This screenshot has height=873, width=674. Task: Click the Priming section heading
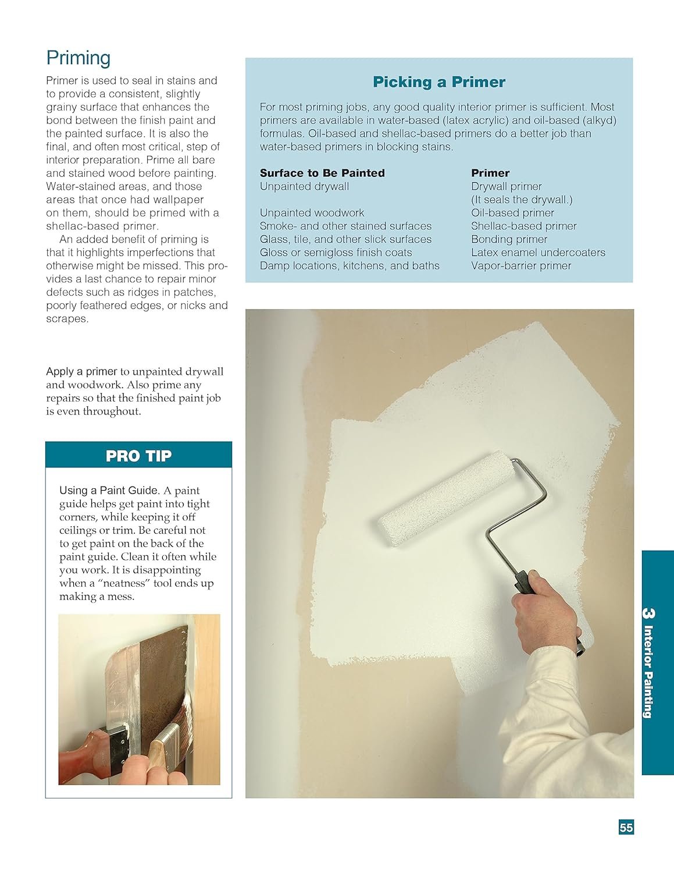pyautogui.click(x=79, y=58)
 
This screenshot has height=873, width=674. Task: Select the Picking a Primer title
pyautogui.click(x=439, y=82)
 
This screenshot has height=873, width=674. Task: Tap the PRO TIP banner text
pyautogui.click(x=138, y=456)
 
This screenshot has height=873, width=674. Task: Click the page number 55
pyautogui.click(x=626, y=827)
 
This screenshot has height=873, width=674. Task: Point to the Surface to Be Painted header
pyautogui.click(x=322, y=173)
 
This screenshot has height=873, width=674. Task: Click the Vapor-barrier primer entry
pyautogui.click(x=521, y=266)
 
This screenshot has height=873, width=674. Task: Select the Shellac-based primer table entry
pyautogui.click(x=523, y=226)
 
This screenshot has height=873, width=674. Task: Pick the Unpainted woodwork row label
pyautogui.click(x=312, y=213)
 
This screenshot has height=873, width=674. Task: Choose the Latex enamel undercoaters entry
pyautogui.click(x=538, y=253)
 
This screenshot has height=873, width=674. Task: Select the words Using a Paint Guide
pyautogui.click(x=109, y=491)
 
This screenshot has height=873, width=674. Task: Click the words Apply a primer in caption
pyautogui.click(x=82, y=372)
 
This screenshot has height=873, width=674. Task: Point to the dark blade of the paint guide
pyautogui.click(x=163, y=669)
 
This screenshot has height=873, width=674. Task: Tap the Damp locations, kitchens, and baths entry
pyautogui.click(x=350, y=266)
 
